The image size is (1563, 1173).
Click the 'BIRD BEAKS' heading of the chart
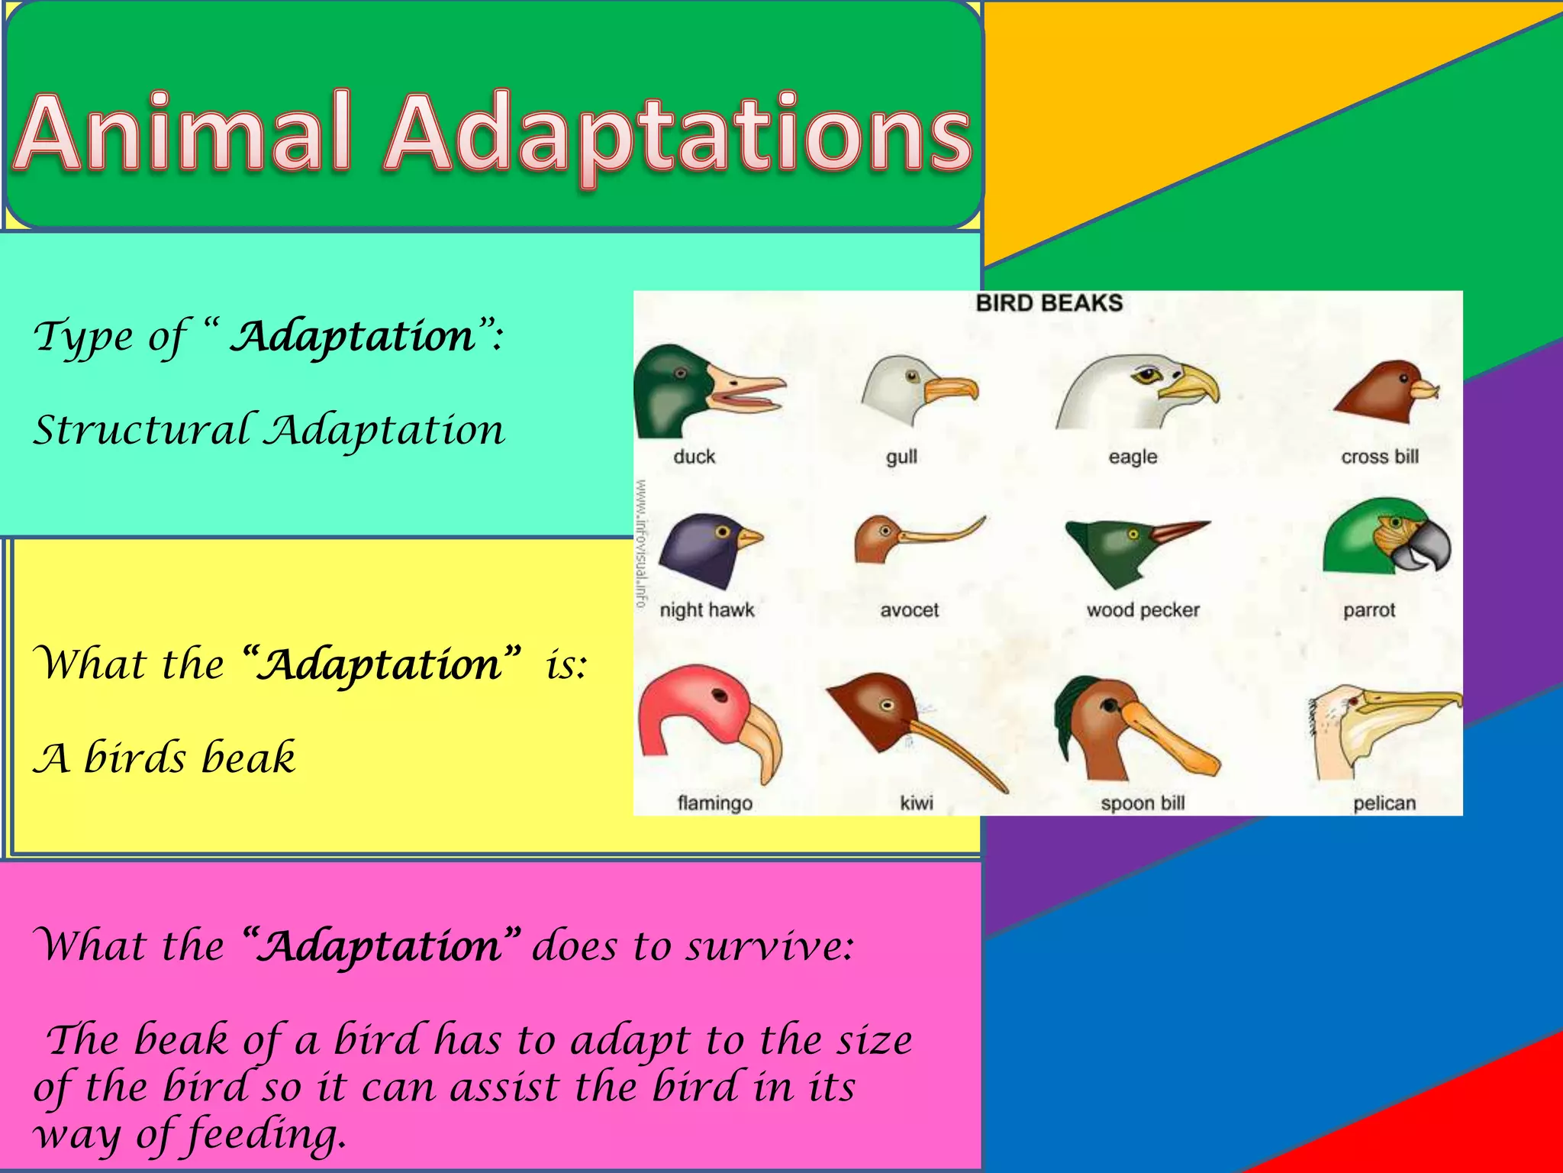[1049, 303]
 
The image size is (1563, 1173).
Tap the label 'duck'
[694, 457]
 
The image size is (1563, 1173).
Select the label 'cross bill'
[1380, 457]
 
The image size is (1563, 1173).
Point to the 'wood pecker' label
[1142, 610]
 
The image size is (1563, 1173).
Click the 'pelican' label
[1384, 803]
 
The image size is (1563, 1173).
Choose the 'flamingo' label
[714, 803]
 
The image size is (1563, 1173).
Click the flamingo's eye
[720, 695]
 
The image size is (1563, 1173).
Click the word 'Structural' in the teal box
[142, 430]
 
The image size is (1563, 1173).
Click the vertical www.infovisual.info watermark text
[642, 544]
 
